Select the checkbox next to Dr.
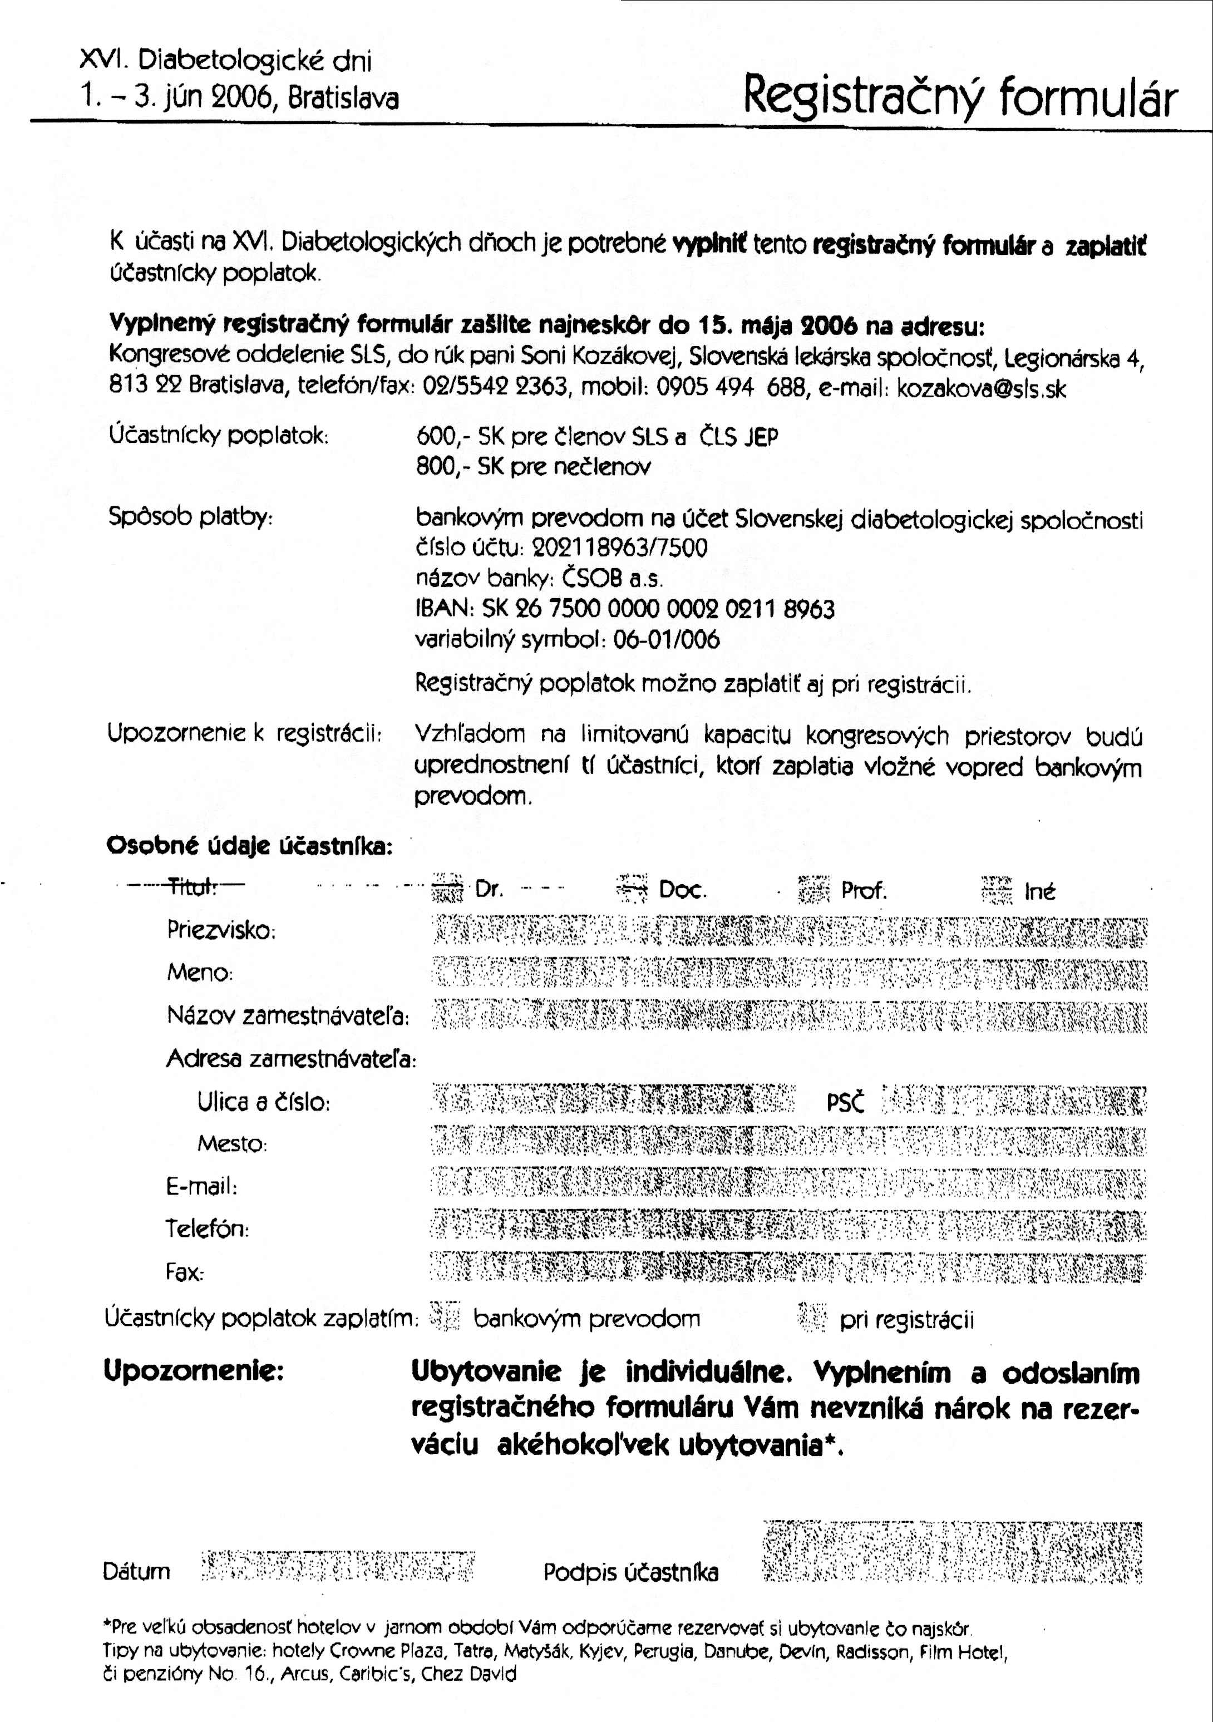pyautogui.click(x=448, y=890)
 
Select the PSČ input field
pyautogui.click(x=1013, y=1102)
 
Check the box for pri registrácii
pyautogui.click(x=812, y=1318)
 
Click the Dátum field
pyautogui.click(x=338, y=1566)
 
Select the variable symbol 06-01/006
pyautogui.click(x=666, y=640)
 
